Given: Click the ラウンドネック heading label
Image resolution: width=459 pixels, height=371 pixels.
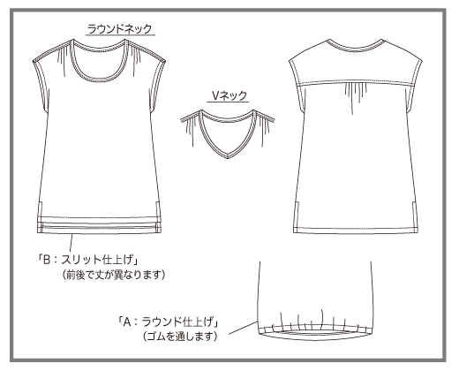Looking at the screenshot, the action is [x=120, y=29].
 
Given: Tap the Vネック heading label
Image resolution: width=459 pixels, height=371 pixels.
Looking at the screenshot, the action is [x=229, y=95].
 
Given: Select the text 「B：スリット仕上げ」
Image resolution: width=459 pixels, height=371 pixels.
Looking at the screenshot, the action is [x=88, y=260].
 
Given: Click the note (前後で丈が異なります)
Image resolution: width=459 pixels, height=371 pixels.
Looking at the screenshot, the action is [x=114, y=275].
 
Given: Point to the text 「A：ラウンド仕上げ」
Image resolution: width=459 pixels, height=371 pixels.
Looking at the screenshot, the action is [x=169, y=322].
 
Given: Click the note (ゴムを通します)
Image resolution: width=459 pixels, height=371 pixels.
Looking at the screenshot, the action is [x=180, y=336].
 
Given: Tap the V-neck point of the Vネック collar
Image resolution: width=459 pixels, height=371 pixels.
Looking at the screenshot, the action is [x=228, y=156].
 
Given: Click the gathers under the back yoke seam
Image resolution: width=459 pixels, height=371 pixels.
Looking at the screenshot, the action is [x=356, y=95].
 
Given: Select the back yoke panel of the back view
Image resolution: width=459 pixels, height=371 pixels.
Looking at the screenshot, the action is [x=356, y=64].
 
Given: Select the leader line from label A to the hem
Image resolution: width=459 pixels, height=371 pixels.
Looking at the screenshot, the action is [x=244, y=328].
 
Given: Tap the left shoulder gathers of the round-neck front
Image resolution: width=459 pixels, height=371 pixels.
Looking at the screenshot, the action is [x=63, y=59].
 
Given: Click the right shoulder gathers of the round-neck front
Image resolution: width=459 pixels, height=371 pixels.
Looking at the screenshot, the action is [x=136, y=59].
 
